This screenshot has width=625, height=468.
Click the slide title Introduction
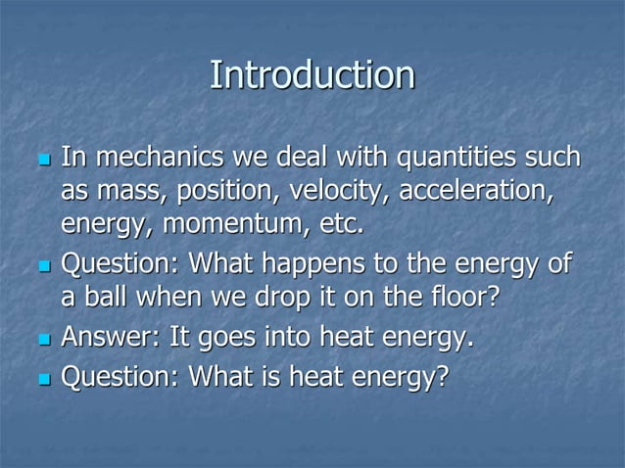(312, 75)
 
